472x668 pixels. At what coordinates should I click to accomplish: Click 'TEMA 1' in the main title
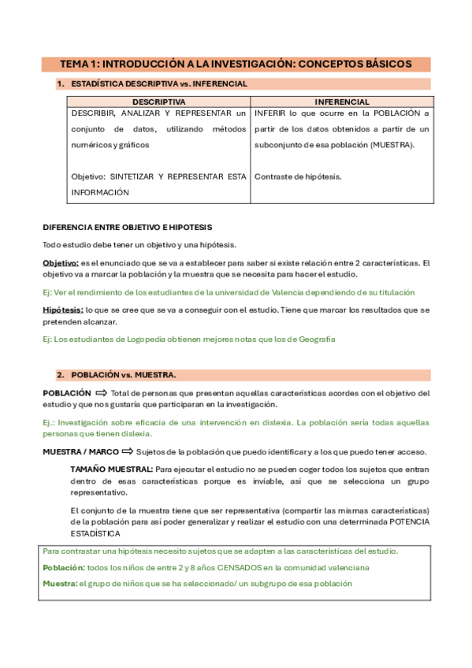pyautogui.click(x=80, y=64)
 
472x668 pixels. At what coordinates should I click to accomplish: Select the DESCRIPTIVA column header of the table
pyautogui.click(x=158, y=102)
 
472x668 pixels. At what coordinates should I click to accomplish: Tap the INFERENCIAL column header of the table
pyautogui.click(x=341, y=102)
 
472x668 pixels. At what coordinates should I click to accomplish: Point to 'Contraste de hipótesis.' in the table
pyautogui.click(x=298, y=176)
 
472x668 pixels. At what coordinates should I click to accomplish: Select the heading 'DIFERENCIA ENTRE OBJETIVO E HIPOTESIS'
pyautogui.click(x=127, y=227)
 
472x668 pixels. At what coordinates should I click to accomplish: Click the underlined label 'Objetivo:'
pyautogui.click(x=60, y=262)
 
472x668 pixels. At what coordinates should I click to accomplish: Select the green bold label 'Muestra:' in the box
pyautogui.click(x=59, y=584)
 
